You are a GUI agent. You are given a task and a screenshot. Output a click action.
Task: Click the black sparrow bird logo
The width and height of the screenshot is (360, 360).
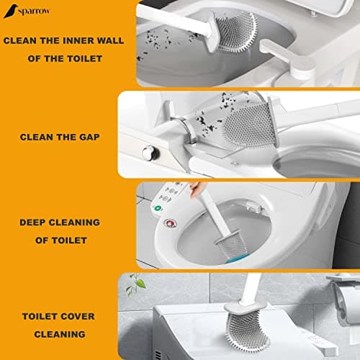pos(11,11)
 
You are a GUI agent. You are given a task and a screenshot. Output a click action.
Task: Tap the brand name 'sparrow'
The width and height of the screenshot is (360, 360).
pos(34,12)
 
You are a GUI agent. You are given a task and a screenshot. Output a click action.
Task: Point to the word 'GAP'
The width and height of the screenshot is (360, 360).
pos(89,137)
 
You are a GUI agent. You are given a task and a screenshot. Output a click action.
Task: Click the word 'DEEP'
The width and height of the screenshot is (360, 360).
pos(32,222)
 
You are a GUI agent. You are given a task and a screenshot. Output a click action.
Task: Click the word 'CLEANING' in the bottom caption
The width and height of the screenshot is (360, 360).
pos(60,334)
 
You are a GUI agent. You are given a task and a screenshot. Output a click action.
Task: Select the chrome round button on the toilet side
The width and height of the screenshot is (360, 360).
pos(149,153)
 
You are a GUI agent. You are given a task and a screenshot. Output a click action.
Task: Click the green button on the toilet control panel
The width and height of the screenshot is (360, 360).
pos(158,208)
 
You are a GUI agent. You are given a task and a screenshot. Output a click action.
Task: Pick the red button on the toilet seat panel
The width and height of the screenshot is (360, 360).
pos(170,223)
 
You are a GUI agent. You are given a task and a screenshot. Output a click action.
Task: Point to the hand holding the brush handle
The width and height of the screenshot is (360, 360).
pos(195,189)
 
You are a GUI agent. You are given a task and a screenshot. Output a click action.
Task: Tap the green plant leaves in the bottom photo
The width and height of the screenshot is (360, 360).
pos(136,284)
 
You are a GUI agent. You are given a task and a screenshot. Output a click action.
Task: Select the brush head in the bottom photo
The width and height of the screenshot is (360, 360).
pos(246,329)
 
